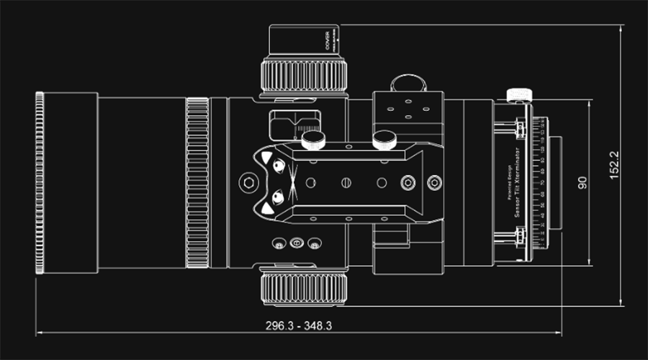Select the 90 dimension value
[x=582, y=182]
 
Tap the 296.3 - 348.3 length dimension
[x=299, y=325]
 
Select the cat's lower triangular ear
[x=266, y=208]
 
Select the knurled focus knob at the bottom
[x=305, y=289]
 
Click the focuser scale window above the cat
[x=295, y=124]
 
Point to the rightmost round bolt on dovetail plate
[x=433, y=183]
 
